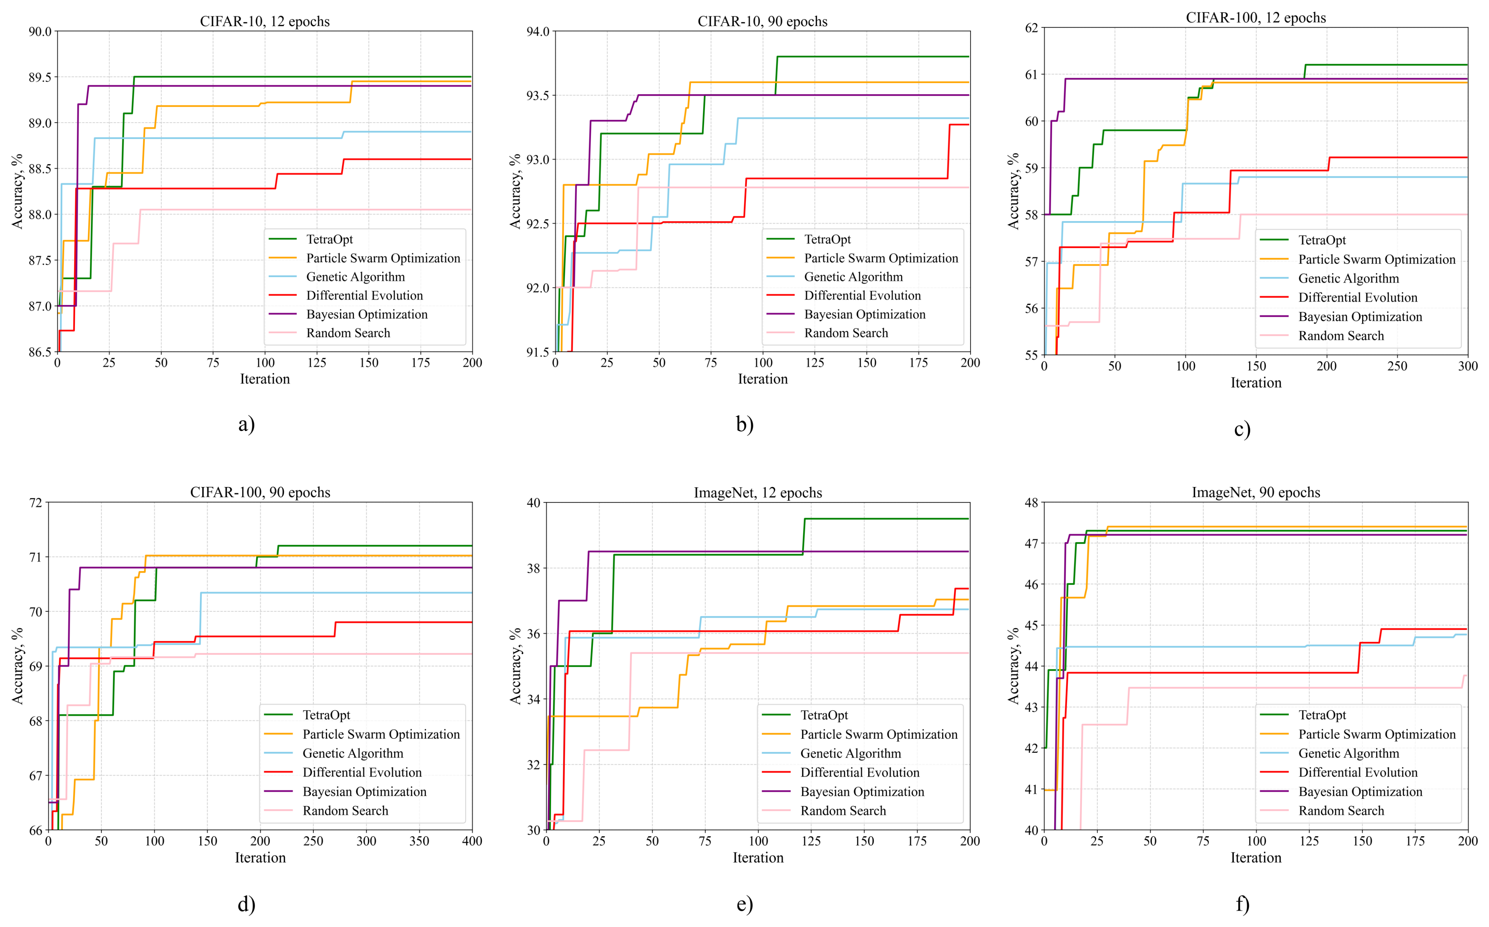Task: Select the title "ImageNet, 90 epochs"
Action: tap(1255, 492)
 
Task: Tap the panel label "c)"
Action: tap(1242, 429)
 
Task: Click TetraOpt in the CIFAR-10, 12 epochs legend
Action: tap(329, 239)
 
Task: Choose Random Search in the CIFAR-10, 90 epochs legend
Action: tap(846, 333)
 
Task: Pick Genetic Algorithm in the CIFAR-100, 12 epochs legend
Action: tap(1348, 278)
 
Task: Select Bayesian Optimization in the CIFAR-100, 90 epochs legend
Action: tap(364, 792)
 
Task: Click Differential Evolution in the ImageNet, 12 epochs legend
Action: tap(860, 772)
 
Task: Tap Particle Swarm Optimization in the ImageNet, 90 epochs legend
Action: tap(1377, 734)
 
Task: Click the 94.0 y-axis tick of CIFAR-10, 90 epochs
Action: tap(538, 31)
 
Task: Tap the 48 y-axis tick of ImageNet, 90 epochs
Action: tap(1031, 503)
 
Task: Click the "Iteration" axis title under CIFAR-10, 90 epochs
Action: tap(762, 379)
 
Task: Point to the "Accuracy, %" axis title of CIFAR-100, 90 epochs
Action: tap(17, 666)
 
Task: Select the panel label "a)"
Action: tap(246, 424)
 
